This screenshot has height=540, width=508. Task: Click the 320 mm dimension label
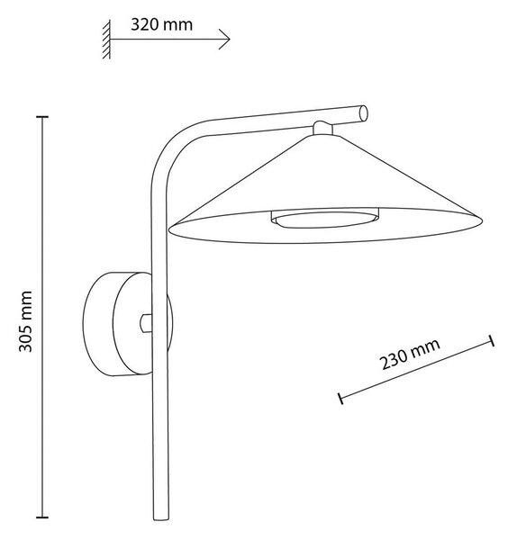(x=161, y=25)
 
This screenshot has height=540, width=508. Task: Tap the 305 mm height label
(x=25, y=321)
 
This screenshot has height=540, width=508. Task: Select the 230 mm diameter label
(x=410, y=354)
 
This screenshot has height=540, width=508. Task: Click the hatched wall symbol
(x=106, y=40)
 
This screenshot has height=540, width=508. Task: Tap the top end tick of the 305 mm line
(x=42, y=117)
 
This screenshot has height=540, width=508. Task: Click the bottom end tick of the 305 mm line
(x=42, y=517)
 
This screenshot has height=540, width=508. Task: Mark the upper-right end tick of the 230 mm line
(x=492, y=340)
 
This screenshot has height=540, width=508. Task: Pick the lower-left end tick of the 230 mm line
(x=340, y=398)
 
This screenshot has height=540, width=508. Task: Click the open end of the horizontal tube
(x=363, y=113)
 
